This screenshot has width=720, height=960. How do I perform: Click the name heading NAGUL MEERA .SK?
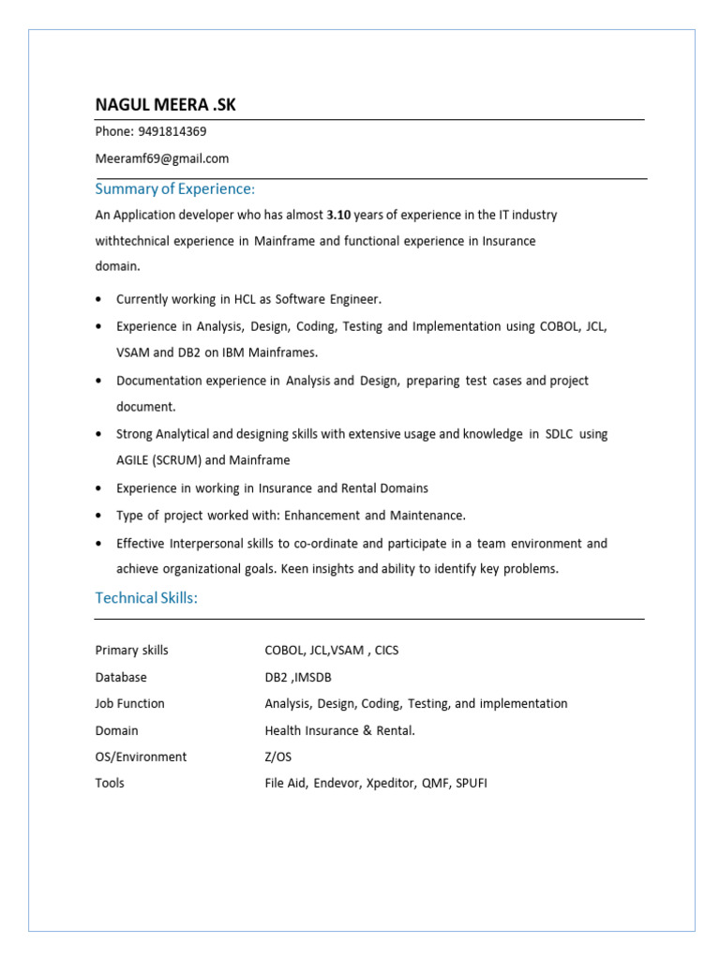(165, 105)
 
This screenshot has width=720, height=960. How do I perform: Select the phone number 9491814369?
(172, 132)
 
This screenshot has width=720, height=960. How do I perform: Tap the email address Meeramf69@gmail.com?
(161, 158)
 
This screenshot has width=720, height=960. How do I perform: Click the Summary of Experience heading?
(174, 188)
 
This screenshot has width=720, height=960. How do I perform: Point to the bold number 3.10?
(338, 215)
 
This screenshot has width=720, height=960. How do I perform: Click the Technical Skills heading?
(146, 598)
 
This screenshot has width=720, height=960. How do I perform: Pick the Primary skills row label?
(131, 651)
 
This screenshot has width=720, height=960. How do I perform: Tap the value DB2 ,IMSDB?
(298, 677)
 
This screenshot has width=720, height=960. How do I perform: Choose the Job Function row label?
(129, 703)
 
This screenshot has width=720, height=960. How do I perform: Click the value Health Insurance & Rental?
(339, 730)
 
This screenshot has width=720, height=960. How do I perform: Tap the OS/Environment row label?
(141, 757)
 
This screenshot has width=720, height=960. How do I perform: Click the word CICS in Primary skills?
(386, 651)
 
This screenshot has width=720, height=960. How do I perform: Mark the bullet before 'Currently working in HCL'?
(99, 299)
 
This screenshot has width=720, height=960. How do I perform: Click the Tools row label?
(110, 783)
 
